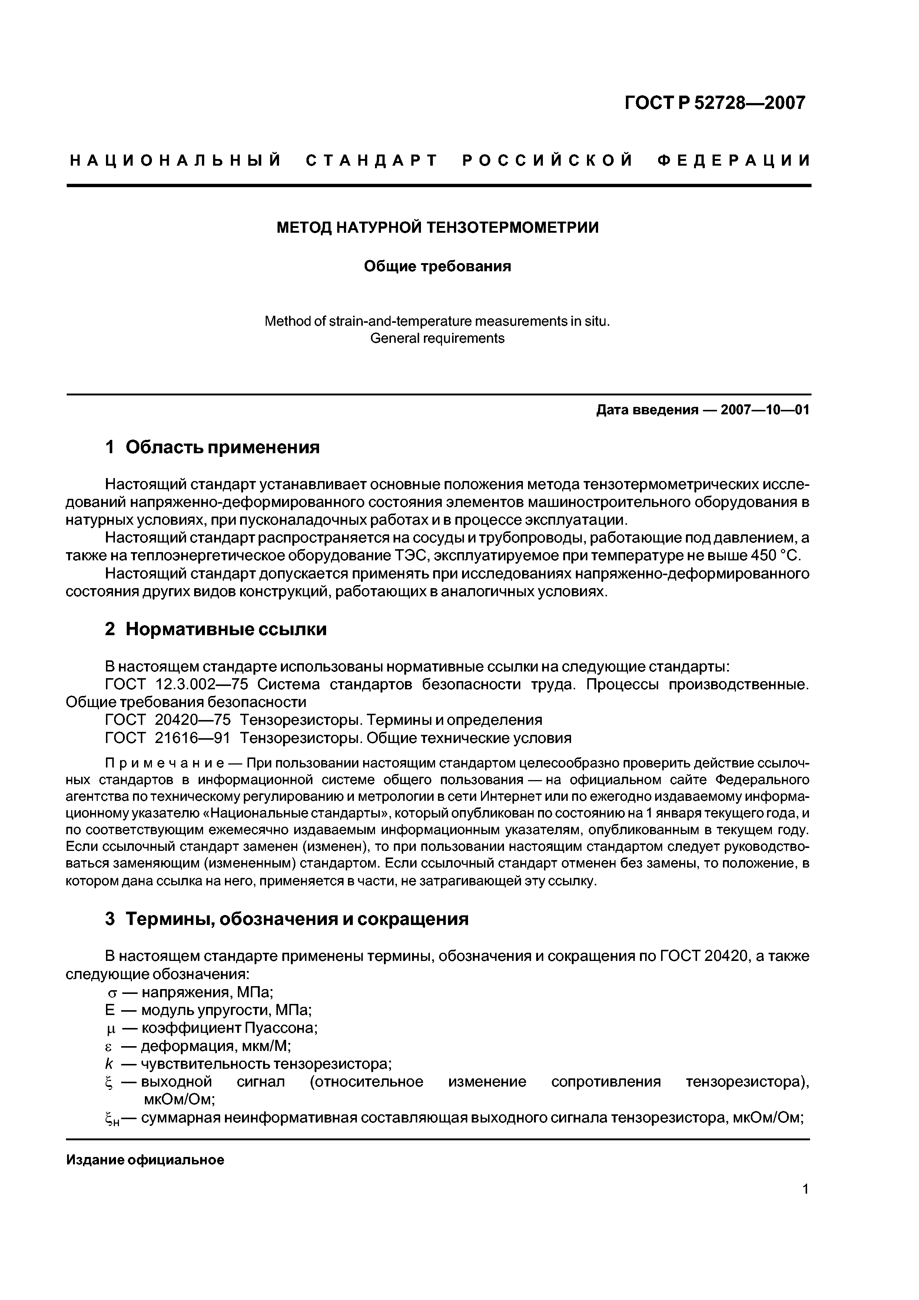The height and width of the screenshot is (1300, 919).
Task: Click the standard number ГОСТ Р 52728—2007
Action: pyautogui.click(x=714, y=103)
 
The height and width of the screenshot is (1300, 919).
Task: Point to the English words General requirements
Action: pyautogui.click(x=437, y=339)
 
